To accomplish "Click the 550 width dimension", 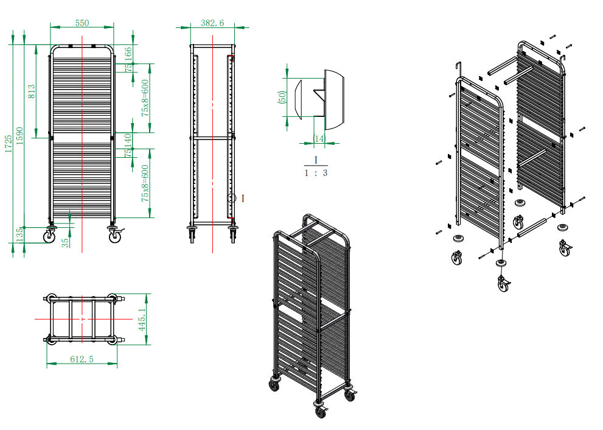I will point(82,23).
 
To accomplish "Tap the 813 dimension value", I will point(32,91).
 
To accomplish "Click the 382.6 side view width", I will point(212,23).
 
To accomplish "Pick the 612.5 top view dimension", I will point(82,359).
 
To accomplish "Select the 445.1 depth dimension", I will point(142,319).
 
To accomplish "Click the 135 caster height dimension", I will point(19,233).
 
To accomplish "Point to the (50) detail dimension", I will point(282,97).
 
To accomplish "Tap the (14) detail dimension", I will point(318,139).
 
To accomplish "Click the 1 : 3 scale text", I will point(316,172).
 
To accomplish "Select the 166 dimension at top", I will point(128,54).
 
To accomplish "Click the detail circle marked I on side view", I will point(231,198).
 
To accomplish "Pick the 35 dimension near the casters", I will point(66,242).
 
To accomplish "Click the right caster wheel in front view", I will point(114,237).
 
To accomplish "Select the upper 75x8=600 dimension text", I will point(145,100).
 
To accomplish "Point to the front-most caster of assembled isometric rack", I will point(320,412).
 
